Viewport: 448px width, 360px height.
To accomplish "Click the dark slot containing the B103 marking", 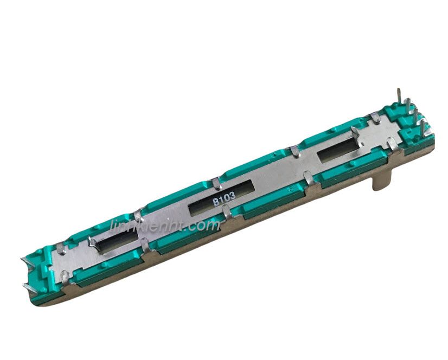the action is (x=221, y=198).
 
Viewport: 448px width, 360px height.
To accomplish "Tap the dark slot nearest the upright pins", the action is (x=338, y=150).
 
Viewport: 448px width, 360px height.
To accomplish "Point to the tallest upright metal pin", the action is (x=399, y=99).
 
